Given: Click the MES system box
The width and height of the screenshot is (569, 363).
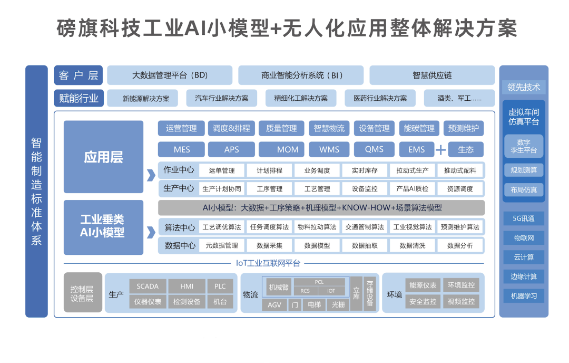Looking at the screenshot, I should coord(182,149).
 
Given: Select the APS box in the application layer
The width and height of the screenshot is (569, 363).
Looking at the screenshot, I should coord(231,149).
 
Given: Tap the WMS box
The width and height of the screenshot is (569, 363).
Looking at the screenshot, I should coord(329,149).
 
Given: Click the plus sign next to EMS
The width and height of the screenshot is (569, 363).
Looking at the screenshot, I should coord(440,150).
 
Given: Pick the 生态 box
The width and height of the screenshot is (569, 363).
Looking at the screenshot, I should coord(466,149).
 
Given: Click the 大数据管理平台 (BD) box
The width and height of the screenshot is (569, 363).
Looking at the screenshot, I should coord(170,75).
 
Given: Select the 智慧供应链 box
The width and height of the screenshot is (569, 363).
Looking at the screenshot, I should coord(432,75).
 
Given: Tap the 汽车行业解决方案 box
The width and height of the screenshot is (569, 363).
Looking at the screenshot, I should coord(221,98).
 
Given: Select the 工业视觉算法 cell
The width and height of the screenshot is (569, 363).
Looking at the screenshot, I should coord(413,227).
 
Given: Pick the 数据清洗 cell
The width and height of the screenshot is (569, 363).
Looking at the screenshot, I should coord(413,245).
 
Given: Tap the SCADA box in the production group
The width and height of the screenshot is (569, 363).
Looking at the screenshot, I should coord(148,286).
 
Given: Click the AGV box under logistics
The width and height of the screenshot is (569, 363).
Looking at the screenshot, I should coord(274,304).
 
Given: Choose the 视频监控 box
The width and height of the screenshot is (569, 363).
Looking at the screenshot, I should coord(461,302).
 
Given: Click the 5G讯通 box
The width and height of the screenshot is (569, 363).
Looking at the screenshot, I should coord(523,218).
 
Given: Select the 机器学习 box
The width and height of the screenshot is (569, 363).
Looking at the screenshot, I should coord(523,295).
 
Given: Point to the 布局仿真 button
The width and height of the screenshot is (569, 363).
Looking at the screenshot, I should coord(523,190).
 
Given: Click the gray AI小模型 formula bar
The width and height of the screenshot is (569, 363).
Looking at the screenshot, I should coord(321,207).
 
